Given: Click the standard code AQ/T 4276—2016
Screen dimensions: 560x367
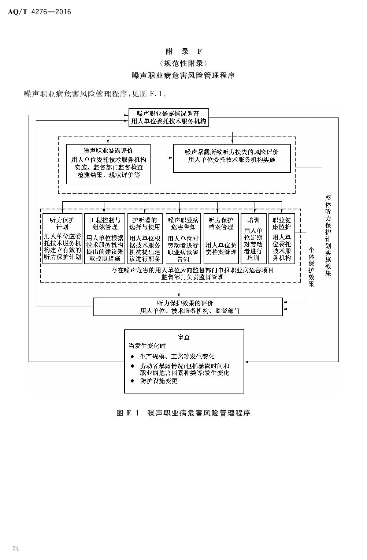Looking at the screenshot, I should pyautogui.click(x=39, y=12).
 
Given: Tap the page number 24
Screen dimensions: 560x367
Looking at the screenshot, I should pyautogui.click(x=16, y=548).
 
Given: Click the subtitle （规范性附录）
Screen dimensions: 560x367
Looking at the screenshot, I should pyautogui.click(x=183, y=63).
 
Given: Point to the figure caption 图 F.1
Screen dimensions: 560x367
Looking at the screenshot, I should pyautogui.click(x=183, y=413).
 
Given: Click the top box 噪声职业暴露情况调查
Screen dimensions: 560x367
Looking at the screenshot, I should pyautogui.click(x=168, y=117).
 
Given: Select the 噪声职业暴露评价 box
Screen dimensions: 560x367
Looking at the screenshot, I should pyautogui.click(x=108, y=164).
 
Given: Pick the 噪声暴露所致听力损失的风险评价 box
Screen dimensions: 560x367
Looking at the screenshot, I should pyautogui.click(x=231, y=158).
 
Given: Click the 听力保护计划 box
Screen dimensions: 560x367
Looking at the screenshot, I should pyautogui.click(x=62, y=239).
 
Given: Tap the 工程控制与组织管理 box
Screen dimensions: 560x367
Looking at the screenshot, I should pyautogui.click(x=104, y=239).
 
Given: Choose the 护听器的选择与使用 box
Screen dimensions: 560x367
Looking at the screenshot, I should pyautogui.click(x=145, y=239).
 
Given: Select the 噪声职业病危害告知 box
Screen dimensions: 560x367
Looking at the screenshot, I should pyautogui.click(x=183, y=239).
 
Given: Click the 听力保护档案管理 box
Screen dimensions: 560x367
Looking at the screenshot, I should pyautogui.click(x=221, y=239).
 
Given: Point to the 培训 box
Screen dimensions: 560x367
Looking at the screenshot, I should pyautogui.click(x=253, y=239).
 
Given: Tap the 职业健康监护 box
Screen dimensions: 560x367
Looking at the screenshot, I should pyautogui.click(x=282, y=239).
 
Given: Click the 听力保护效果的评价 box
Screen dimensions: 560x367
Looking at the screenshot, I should pyautogui.click(x=188, y=307).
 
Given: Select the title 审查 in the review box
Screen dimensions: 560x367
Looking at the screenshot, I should pyautogui.click(x=184, y=337).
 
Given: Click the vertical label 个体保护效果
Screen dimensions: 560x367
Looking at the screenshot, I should pyautogui.click(x=311, y=267).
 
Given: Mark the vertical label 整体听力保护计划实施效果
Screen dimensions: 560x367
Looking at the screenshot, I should pyautogui.click(x=328, y=235).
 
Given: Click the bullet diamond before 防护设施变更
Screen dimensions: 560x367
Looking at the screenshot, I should pyautogui.click(x=133, y=381).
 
